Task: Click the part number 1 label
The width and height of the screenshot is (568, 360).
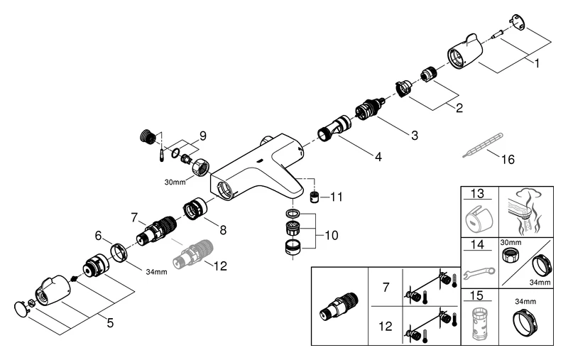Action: click(x=537, y=62)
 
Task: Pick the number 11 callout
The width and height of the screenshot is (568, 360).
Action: click(x=337, y=196)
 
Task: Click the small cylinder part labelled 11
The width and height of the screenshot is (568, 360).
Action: click(x=313, y=195)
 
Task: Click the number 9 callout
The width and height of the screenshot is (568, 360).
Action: click(x=202, y=135)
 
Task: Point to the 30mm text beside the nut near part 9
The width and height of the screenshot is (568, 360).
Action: click(x=174, y=182)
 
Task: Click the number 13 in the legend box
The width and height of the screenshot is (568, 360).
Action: click(x=476, y=193)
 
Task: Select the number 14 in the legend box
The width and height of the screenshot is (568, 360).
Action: click(x=476, y=246)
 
